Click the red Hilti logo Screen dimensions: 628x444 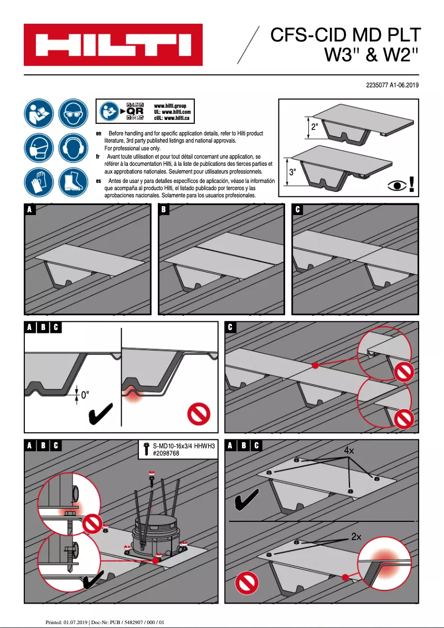tap(113, 45)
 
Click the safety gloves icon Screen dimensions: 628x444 tap(38, 182)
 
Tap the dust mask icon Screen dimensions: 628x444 tap(38, 148)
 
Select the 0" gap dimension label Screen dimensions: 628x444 tap(85, 395)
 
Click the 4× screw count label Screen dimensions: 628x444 tap(349, 451)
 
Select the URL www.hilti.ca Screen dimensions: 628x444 tap(177, 118)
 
